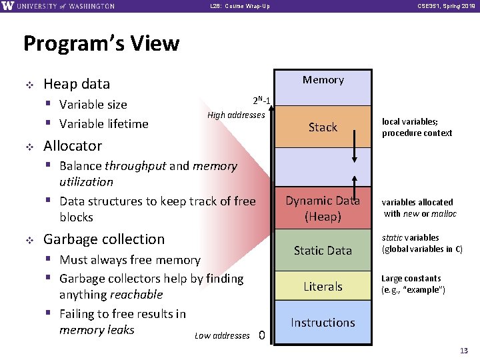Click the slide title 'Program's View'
[x=101, y=43]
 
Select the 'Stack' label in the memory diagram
[x=323, y=127]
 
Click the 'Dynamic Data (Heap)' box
[x=323, y=208]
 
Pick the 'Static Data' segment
[x=323, y=250]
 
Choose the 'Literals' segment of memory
[x=323, y=287]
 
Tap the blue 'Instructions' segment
[x=323, y=323]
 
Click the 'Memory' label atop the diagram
[x=323, y=80]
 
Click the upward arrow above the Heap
[x=354, y=187]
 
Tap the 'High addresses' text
[x=236, y=115]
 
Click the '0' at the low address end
[x=262, y=335]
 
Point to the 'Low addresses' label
[x=222, y=335]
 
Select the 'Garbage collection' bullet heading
[x=103, y=239]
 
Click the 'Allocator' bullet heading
[x=73, y=145]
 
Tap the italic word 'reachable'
[x=137, y=295]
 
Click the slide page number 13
[x=464, y=351]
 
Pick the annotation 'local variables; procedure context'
[x=417, y=127]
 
